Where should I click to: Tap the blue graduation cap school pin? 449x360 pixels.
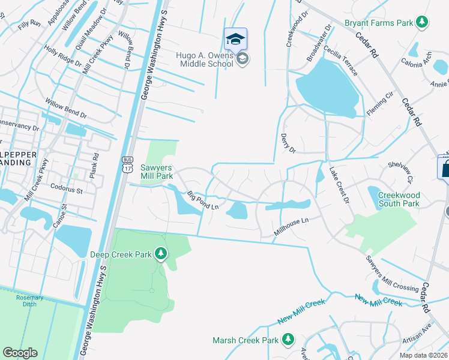[235, 40]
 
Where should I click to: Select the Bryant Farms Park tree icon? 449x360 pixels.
[423, 23]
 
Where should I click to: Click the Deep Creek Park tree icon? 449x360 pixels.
[160, 254]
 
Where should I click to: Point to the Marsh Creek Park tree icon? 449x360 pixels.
[288, 340]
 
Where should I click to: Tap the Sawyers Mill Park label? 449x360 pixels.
[157, 172]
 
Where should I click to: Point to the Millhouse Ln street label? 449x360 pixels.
[291, 226]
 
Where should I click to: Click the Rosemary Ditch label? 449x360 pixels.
[29, 301]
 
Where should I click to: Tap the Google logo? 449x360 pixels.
[20, 352]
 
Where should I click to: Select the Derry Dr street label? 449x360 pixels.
[288, 144]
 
